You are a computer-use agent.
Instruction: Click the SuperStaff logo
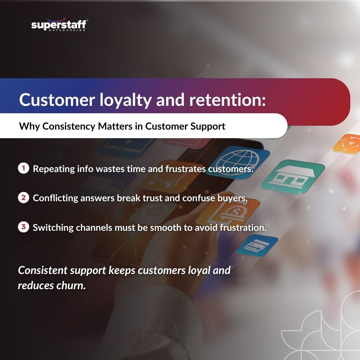pos(59,25)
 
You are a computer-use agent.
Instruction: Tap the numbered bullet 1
pos(23,169)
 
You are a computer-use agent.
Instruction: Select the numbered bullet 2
pos(23,198)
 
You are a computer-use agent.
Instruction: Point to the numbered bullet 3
pos(23,227)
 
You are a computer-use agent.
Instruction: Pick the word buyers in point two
pos(233,198)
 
